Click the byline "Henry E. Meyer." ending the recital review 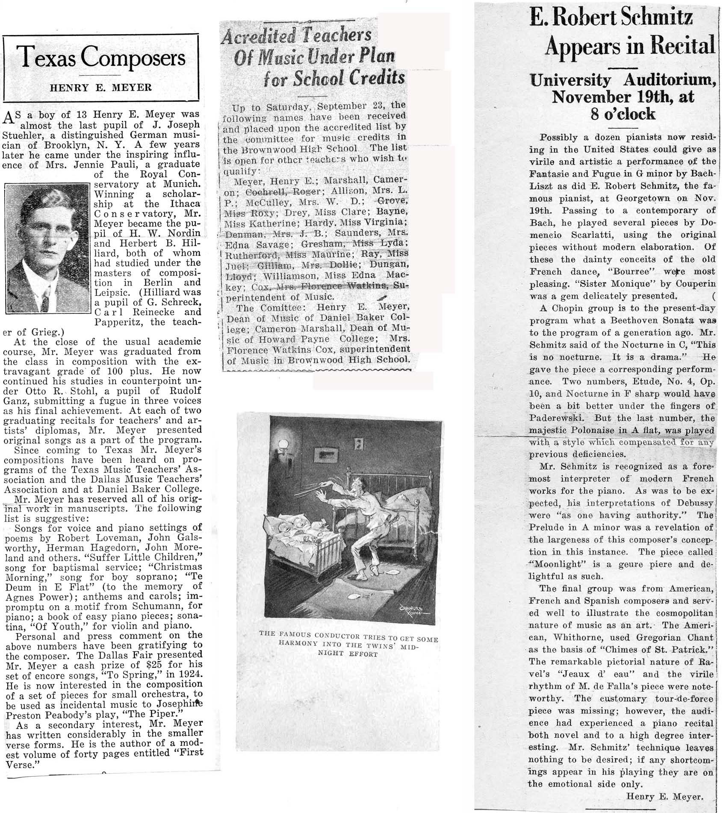[664, 796]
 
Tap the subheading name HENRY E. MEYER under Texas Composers [101, 88]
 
